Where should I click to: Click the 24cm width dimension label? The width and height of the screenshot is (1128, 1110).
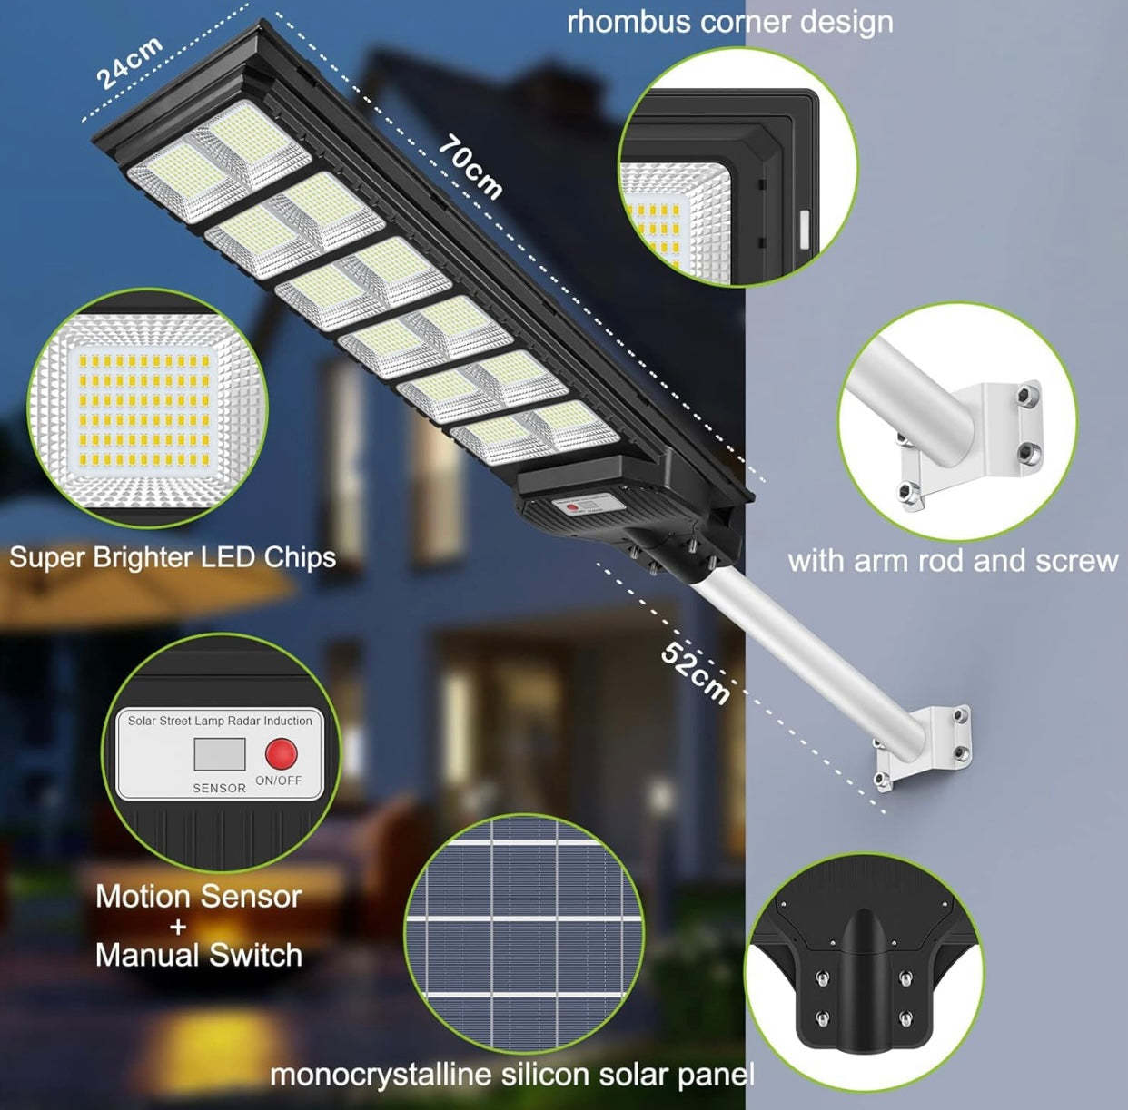coord(129,64)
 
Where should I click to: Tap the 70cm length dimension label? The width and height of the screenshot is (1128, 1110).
coord(470,167)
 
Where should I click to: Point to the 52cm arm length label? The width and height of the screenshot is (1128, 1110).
coord(695,673)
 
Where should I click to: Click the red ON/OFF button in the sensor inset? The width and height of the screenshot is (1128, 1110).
coord(281,753)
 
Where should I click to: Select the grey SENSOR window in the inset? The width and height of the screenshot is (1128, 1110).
coord(220,754)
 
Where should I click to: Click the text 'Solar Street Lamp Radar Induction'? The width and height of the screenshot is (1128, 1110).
coord(220,721)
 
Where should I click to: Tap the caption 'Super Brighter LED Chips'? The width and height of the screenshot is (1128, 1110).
coord(173,556)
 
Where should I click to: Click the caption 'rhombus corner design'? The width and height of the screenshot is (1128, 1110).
coord(729,22)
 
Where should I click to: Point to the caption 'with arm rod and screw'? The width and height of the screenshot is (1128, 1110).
coord(953,560)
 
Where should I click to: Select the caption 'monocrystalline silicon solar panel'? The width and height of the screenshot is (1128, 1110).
coord(512,1075)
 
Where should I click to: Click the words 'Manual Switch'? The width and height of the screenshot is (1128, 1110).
coord(199,955)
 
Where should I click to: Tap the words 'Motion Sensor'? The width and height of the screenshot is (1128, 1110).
coord(199,897)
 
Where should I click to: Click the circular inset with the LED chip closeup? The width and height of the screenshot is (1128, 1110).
coord(148,408)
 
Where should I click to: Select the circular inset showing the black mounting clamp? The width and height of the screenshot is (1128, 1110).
coord(863,972)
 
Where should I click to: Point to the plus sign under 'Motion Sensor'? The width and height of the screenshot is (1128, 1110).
coord(178,927)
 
